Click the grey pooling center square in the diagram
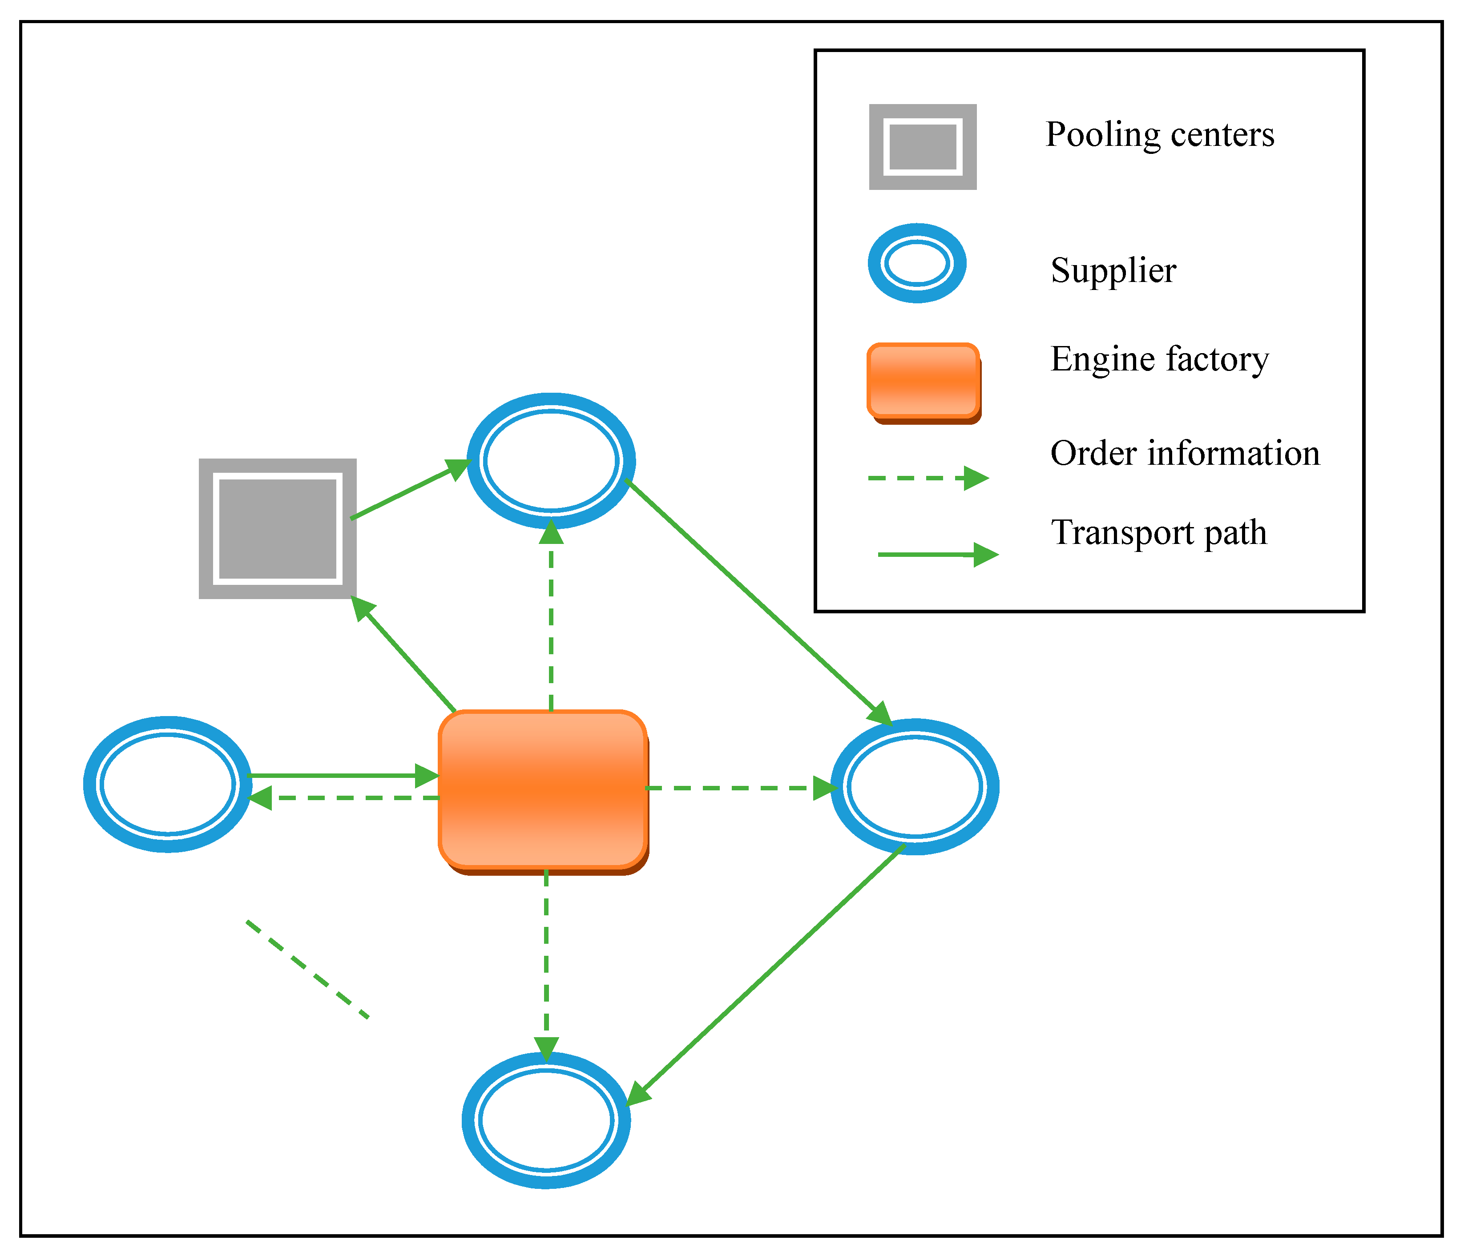tap(277, 528)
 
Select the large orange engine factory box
tap(543, 789)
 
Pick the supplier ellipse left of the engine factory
tap(167, 784)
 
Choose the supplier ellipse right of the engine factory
tap(915, 787)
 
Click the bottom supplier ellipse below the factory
tap(546, 1120)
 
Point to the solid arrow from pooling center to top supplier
tap(409, 491)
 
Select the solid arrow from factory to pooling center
tap(405, 655)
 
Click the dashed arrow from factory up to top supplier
tap(551, 620)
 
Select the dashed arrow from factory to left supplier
tap(345, 797)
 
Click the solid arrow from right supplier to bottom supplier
tap(768, 972)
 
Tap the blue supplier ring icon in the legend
tap(917, 263)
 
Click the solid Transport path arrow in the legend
tap(937, 555)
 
